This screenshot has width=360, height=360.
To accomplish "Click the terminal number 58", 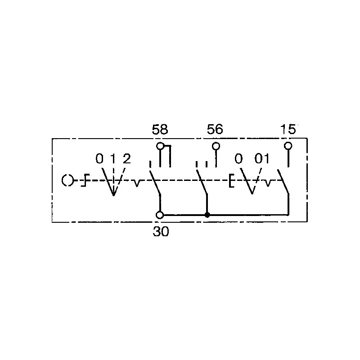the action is click(160, 129).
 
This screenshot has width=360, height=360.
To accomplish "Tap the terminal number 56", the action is click(215, 129).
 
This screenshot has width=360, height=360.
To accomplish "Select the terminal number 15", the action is click(288, 129).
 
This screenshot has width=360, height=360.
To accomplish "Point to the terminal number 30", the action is click(161, 231).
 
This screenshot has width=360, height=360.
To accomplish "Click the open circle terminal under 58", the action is click(160, 146).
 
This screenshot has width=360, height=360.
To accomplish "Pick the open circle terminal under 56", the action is click(216, 146).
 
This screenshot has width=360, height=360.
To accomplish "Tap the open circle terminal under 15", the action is click(288, 146).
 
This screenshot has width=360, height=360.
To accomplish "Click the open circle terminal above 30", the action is click(160, 215).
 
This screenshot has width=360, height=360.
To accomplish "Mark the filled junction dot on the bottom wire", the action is click(207, 215).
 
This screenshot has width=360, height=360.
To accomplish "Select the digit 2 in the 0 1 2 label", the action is click(127, 159).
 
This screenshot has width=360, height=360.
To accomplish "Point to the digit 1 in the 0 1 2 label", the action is click(113, 159).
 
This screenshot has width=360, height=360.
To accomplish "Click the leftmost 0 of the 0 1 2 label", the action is click(99, 159).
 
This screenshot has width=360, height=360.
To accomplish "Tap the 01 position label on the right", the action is click(262, 159).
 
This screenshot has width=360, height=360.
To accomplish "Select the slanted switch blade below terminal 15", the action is click(283, 181).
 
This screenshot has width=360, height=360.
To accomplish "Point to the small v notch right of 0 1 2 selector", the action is click(137, 184).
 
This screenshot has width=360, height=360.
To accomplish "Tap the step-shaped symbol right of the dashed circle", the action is click(85, 180).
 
